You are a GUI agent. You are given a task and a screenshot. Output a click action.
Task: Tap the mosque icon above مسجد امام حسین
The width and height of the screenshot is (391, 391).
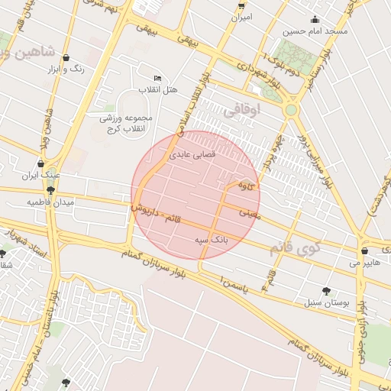point(315,20)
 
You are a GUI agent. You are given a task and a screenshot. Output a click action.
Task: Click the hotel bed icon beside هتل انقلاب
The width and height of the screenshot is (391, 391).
point(158,78)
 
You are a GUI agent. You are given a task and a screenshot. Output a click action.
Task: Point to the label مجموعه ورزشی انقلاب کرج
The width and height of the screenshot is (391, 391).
point(126,123)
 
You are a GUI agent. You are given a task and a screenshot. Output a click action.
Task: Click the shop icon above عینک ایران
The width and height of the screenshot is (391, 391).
point(40,163)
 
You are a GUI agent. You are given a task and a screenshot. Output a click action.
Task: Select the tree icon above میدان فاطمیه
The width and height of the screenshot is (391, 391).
point(50,190)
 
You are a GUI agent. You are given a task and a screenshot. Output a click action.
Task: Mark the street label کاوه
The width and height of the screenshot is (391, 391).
point(244,185)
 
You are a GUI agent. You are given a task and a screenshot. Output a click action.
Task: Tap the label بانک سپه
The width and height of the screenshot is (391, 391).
point(210,240)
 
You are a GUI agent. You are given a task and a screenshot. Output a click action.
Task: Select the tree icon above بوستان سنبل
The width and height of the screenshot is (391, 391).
point(327,290)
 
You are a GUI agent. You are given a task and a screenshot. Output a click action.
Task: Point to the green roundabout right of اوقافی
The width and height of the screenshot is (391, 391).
point(291,110)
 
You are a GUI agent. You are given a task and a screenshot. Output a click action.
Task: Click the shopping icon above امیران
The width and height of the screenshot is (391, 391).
point(241,4)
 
